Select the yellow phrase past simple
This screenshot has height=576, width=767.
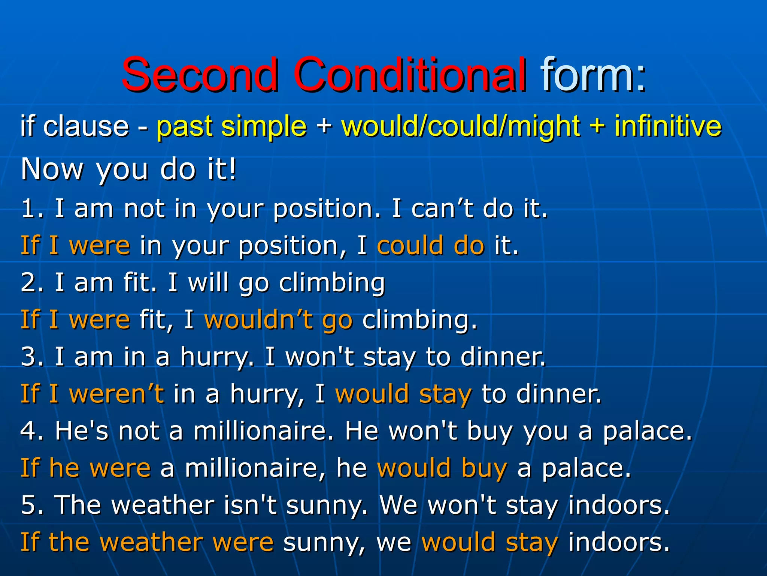231,126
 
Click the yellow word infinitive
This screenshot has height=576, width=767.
668,126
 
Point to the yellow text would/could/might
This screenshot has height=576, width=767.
461,126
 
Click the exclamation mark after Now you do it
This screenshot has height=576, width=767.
233,169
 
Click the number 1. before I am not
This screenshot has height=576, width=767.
31,208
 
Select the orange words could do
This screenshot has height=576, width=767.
431,246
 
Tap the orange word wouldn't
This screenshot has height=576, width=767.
258,320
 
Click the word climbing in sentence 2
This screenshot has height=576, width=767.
332,283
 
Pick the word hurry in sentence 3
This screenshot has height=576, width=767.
216,357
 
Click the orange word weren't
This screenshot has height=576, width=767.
116,394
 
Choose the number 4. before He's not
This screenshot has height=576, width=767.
31,431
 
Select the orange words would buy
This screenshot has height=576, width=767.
442,468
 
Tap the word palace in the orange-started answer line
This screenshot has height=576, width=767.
586,468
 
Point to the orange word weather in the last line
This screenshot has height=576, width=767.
151,542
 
